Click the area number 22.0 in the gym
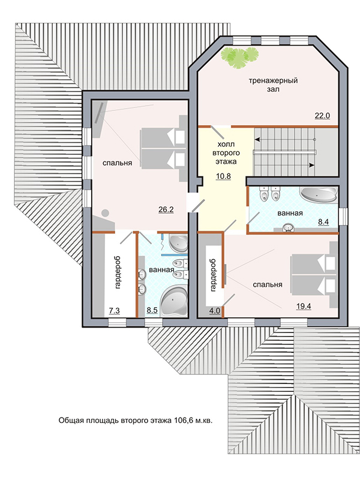(x=322, y=116)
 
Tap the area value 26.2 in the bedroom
(x=166, y=209)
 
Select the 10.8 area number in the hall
(x=223, y=176)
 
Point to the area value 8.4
(x=323, y=222)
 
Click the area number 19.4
(x=304, y=306)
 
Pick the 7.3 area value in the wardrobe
(x=115, y=311)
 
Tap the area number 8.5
(x=152, y=311)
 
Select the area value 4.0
(x=215, y=311)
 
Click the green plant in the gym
(x=239, y=58)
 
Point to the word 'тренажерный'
(x=273, y=81)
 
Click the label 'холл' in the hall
(x=226, y=144)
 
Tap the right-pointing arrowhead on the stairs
(x=312, y=165)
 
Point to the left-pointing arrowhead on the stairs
(x=257, y=140)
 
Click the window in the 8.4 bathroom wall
(x=343, y=216)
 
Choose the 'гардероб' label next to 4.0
(x=213, y=275)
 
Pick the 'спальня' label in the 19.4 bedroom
(x=268, y=285)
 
